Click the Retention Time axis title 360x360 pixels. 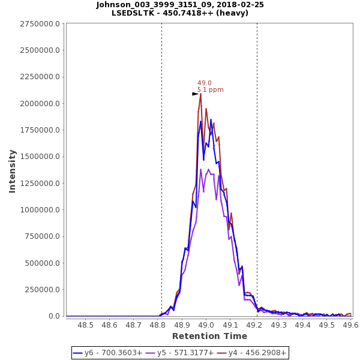tap(209, 336)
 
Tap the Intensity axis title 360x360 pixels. tap(12, 171)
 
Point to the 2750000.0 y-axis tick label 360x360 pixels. tap(40, 24)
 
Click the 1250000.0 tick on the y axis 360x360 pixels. tap(40, 184)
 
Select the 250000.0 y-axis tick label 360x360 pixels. tap(42, 290)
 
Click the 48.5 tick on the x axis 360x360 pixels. tap(86, 325)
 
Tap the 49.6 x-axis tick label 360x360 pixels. tap(350, 325)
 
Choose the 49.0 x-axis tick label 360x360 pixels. tap(206, 325)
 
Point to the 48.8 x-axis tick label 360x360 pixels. tap(158, 325)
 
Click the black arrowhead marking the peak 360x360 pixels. tap(195, 94)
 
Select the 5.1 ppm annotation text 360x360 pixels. tap(210, 90)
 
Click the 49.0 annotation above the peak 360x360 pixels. tap(204, 83)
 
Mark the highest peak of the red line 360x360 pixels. tap(200, 94)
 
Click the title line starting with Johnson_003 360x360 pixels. tap(180, 5)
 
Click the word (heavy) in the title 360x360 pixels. tap(232, 13)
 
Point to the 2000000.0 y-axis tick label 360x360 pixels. tap(40, 104)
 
